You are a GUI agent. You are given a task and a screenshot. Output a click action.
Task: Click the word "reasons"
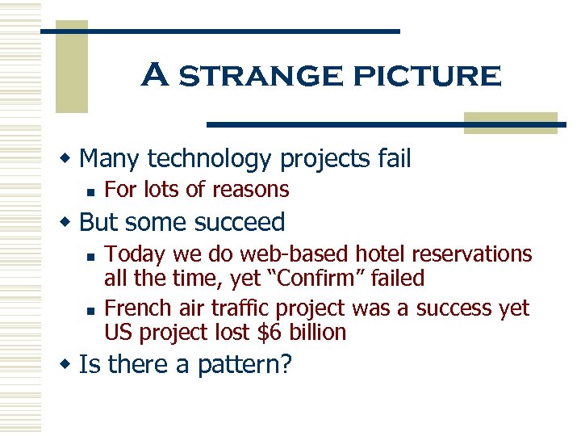point(249,190)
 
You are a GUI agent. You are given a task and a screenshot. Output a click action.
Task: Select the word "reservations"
point(472,254)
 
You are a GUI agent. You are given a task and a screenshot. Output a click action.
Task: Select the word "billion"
point(316,333)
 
